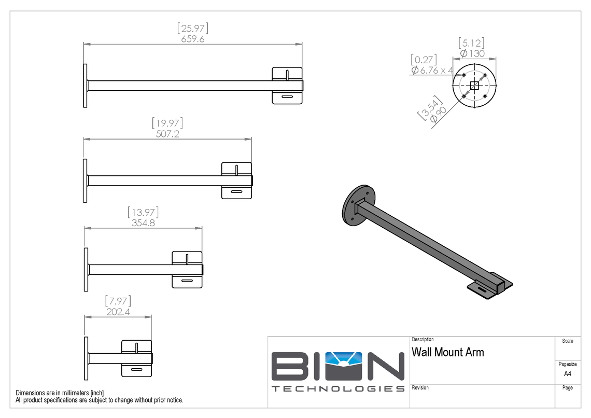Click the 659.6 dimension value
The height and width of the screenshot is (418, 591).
[193, 39]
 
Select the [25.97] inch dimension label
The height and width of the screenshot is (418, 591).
[193, 28]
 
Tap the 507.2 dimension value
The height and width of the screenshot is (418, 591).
[167, 134]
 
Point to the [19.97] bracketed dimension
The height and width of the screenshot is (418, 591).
[167, 123]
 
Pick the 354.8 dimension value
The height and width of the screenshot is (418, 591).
[143, 223]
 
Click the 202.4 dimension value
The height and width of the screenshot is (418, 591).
[118, 312]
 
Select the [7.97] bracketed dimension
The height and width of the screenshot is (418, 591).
[118, 301]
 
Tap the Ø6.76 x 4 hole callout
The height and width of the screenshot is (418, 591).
[432, 70]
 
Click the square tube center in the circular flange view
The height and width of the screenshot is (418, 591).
[474, 86]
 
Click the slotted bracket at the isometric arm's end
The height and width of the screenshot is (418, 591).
[490, 286]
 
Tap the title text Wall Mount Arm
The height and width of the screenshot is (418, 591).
[448, 353]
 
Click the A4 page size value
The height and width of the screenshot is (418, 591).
[568, 373]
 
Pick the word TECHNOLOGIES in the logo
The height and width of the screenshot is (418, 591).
[338, 389]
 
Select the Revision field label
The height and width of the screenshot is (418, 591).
[420, 388]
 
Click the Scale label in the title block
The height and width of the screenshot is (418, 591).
[568, 341]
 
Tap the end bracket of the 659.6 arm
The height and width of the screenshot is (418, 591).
[287, 85]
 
